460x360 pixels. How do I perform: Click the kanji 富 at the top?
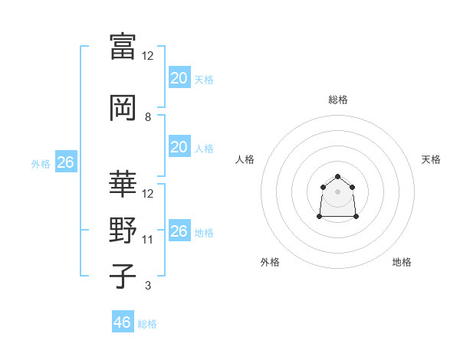123,47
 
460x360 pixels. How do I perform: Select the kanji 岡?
123,108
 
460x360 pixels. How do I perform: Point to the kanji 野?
123,231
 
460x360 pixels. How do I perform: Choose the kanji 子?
123,277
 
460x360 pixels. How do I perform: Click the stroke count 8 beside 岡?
148,117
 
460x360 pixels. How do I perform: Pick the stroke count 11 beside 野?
148,240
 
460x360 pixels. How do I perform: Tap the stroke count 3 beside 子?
148,286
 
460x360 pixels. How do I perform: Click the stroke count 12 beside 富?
148,56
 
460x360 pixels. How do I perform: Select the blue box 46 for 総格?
123,322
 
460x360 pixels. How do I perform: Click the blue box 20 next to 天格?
179,78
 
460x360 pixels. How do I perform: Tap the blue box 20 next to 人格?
179,148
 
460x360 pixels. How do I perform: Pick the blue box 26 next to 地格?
179,231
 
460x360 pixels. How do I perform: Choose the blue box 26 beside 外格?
65,162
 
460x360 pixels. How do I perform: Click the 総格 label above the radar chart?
338,100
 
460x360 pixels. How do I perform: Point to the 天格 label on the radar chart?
431,159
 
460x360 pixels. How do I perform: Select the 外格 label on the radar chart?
270,262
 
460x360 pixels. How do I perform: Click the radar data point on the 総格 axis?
338,176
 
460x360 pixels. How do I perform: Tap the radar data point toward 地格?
356,217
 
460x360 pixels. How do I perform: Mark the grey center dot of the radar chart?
338,191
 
